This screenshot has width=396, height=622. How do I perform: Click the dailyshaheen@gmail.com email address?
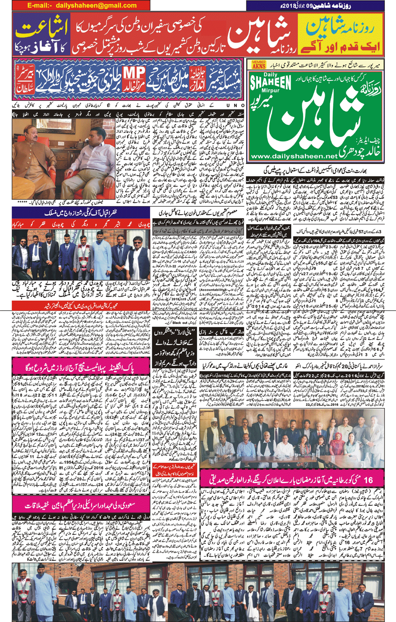(x=82, y=6)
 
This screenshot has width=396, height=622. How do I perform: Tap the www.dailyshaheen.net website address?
(x=293, y=156)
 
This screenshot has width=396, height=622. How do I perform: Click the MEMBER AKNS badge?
(x=259, y=64)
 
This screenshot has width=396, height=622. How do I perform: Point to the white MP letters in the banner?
(x=134, y=73)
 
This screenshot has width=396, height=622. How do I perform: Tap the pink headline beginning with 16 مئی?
(x=292, y=479)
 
